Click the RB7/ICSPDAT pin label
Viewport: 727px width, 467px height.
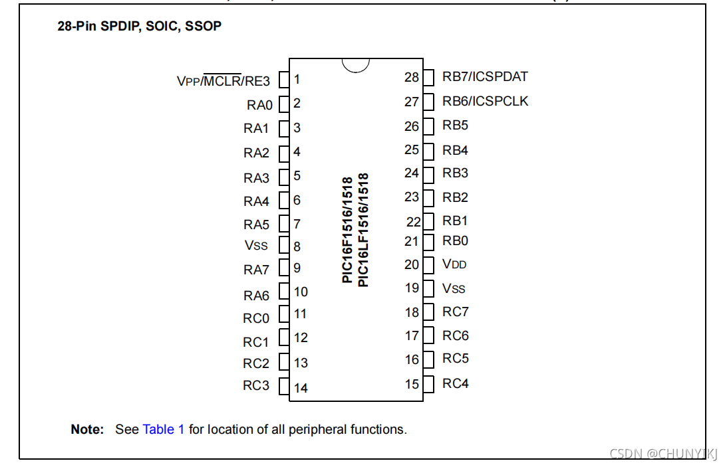(485, 76)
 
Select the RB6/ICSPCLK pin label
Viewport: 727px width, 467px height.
(486, 101)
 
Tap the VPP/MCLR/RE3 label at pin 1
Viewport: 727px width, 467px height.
(223, 81)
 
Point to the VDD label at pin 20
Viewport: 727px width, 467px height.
(454, 264)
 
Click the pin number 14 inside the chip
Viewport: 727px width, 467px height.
(301, 388)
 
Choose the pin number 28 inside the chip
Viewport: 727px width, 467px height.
(412, 77)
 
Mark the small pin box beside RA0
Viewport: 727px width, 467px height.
(284, 104)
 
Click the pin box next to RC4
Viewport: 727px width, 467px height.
(428, 383)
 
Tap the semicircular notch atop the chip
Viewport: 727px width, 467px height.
(356, 64)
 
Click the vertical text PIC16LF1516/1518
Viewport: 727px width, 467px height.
(363, 231)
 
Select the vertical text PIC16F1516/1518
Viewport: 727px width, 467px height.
(347, 231)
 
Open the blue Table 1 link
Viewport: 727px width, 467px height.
(164, 429)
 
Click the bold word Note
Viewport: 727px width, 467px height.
(87, 429)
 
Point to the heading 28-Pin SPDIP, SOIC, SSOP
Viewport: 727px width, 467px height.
(139, 27)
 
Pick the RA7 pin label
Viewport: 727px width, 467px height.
(256, 270)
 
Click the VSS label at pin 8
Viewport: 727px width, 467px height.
(256, 246)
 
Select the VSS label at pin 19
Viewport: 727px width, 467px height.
(454, 289)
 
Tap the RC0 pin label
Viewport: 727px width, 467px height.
(256, 318)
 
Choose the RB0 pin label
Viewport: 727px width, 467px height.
(455, 240)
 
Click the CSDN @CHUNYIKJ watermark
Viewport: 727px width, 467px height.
(664, 454)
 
